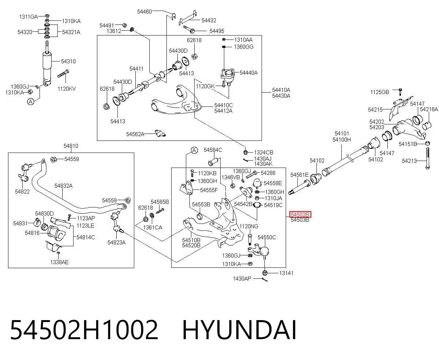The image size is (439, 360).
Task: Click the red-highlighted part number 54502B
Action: tap(300, 214)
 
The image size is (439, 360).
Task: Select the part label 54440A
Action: tap(248, 73)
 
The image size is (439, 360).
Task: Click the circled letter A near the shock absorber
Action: tap(31, 102)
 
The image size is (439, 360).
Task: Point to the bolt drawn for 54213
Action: tap(428, 158)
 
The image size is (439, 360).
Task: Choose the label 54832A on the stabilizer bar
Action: tap(64, 186)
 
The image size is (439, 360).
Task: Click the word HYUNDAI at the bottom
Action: tap(239, 331)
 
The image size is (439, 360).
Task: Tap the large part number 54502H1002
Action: tap(84, 331)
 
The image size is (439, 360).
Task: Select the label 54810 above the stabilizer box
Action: tap(71, 146)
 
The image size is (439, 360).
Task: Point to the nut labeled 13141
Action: tap(265, 273)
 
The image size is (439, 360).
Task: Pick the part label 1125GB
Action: tap(380, 92)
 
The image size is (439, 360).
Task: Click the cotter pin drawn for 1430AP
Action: tap(265, 280)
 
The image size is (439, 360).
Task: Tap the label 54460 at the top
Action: tap(145, 12)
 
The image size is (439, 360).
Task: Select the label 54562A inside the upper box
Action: tap(135, 134)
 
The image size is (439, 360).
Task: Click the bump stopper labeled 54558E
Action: tap(257, 183)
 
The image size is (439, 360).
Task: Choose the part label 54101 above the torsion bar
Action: tap(342, 133)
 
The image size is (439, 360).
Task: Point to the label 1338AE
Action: tap(59, 262)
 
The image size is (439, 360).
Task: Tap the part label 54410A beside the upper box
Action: tap(281, 90)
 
